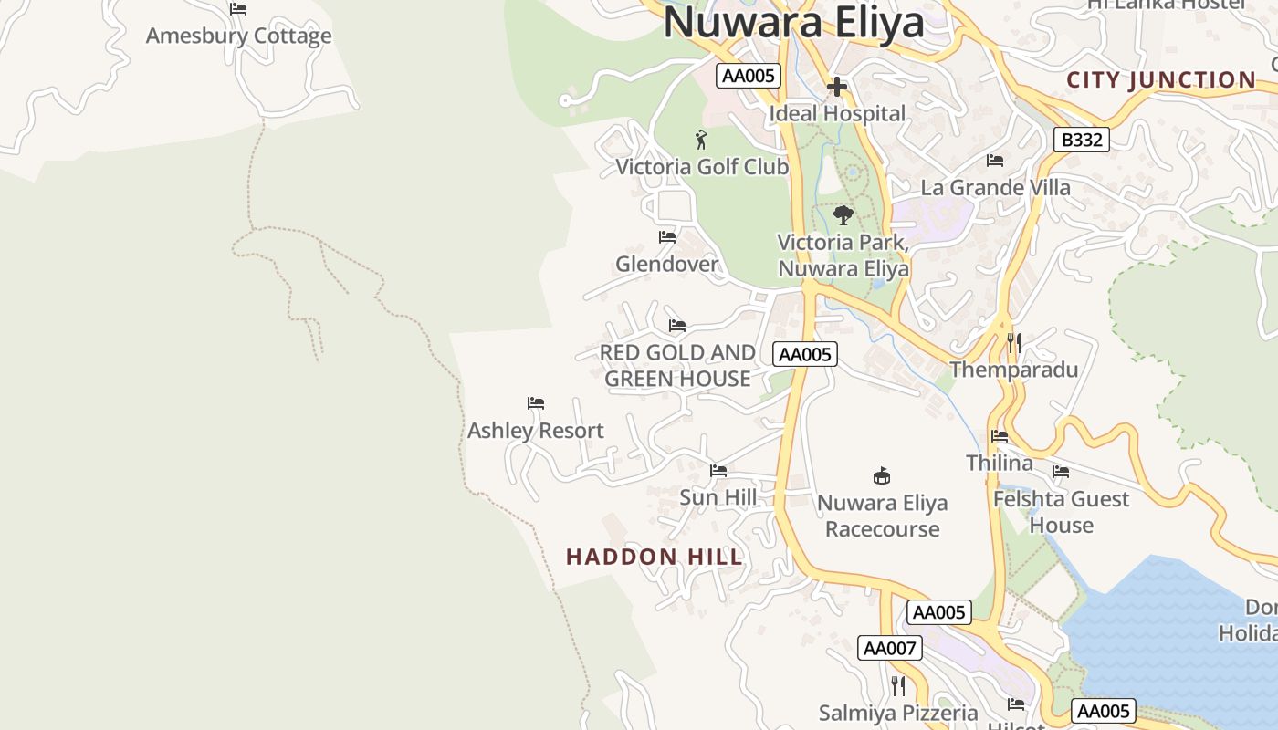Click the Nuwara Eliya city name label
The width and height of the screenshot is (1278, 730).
pyautogui.click(x=793, y=22)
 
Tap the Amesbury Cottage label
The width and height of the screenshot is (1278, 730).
pyautogui.click(x=238, y=36)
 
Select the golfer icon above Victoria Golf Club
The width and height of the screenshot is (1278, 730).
pyautogui.click(x=701, y=140)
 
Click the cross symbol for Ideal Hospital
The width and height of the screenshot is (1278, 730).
pyautogui.click(x=837, y=88)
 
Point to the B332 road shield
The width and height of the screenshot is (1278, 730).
pyautogui.click(x=1082, y=140)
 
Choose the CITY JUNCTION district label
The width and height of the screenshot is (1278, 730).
pyautogui.click(x=1161, y=80)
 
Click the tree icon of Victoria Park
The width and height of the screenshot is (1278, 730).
pyautogui.click(x=843, y=215)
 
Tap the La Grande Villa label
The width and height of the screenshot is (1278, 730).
pyautogui.click(x=995, y=187)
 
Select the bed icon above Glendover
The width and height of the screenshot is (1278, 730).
pyautogui.click(x=667, y=237)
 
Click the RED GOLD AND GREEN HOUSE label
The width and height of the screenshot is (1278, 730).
pyautogui.click(x=677, y=365)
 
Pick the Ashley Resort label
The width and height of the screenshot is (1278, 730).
pyautogui.click(x=536, y=431)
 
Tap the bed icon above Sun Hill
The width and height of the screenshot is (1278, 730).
pyautogui.click(x=718, y=471)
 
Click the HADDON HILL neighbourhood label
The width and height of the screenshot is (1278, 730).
pyautogui.click(x=655, y=557)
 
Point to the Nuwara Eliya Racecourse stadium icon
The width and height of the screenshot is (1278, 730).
pyautogui.click(x=882, y=475)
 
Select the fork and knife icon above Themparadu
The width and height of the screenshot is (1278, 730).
pyautogui.click(x=1013, y=343)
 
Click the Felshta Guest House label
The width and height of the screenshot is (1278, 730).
pyautogui.click(x=1061, y=512)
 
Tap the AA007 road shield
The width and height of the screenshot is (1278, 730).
pyautogui.click(x=890, y=648)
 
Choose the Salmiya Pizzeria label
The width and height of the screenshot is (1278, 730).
pyautogui.click(x=898, y=713)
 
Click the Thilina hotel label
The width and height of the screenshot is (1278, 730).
pyautogui.click(x=1000, y=463)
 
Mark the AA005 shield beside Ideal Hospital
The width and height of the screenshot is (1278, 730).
pyautogui.click(x=749, y=76)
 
